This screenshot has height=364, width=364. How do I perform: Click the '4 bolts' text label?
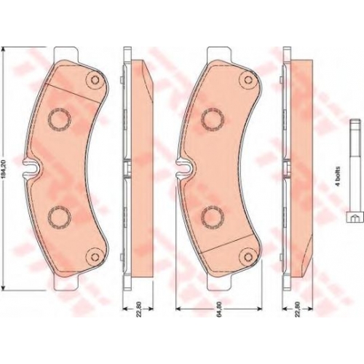[338, 176]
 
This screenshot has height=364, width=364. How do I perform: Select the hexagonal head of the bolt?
[355, 217]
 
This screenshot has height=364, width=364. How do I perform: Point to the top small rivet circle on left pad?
[95, 79]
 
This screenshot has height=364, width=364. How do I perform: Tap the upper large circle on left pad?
[60, 119]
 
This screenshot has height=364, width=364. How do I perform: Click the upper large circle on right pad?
[213, 119]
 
